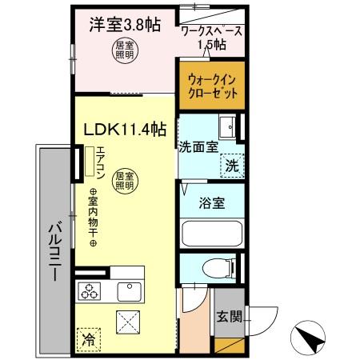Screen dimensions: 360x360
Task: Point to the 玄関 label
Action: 225,315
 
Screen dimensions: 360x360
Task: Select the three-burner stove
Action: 88,290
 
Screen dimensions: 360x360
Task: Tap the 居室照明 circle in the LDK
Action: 122,180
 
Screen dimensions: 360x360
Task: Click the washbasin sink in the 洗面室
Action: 230,126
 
